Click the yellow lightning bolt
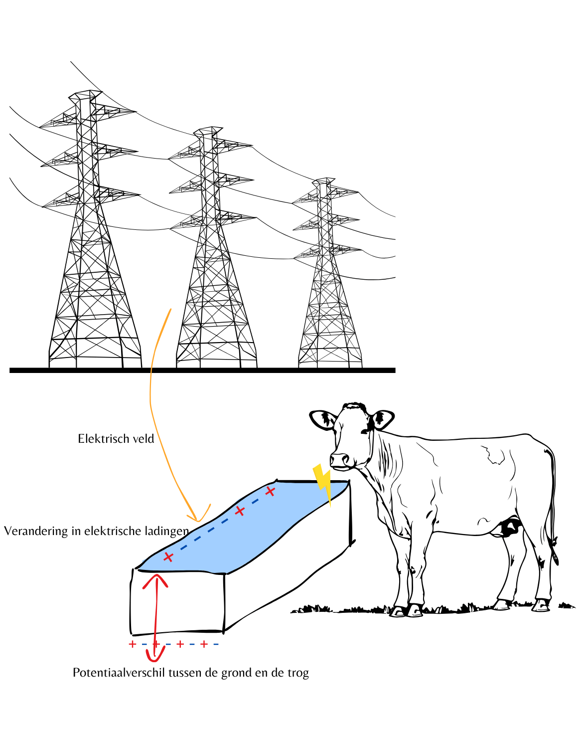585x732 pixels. (322, 480)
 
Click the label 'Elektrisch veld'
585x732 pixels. (116, 439)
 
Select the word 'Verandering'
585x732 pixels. (36, 531)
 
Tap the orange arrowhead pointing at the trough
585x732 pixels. (198, 514)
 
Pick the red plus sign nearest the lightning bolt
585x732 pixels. (270, 491)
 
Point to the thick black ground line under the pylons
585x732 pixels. (202, 370)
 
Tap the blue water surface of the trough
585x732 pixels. (245, 527)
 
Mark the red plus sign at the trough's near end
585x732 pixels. (168, 557)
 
